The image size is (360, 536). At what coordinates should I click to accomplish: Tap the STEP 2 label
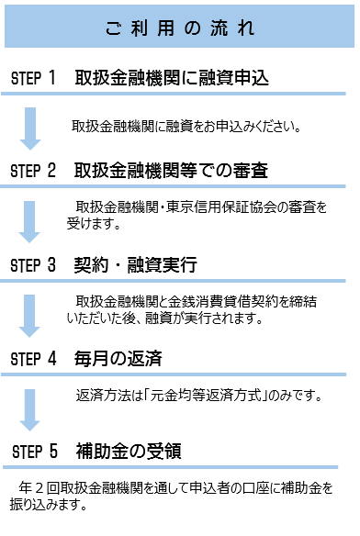(x=34, y=172)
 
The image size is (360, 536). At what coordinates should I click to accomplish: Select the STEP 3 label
(x=34, y=265)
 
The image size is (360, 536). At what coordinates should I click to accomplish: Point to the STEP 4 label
(x=34, y=360)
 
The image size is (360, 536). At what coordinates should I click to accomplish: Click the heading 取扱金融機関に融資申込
(x=172, y=79)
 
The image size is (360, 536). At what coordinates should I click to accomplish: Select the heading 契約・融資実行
(x=136, y=265)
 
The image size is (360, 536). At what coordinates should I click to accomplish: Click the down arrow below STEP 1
(x=31, y=128)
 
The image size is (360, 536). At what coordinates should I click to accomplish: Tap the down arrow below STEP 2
(x=31, y=219)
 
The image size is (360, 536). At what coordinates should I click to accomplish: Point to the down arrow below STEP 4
(x=31, y=409)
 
